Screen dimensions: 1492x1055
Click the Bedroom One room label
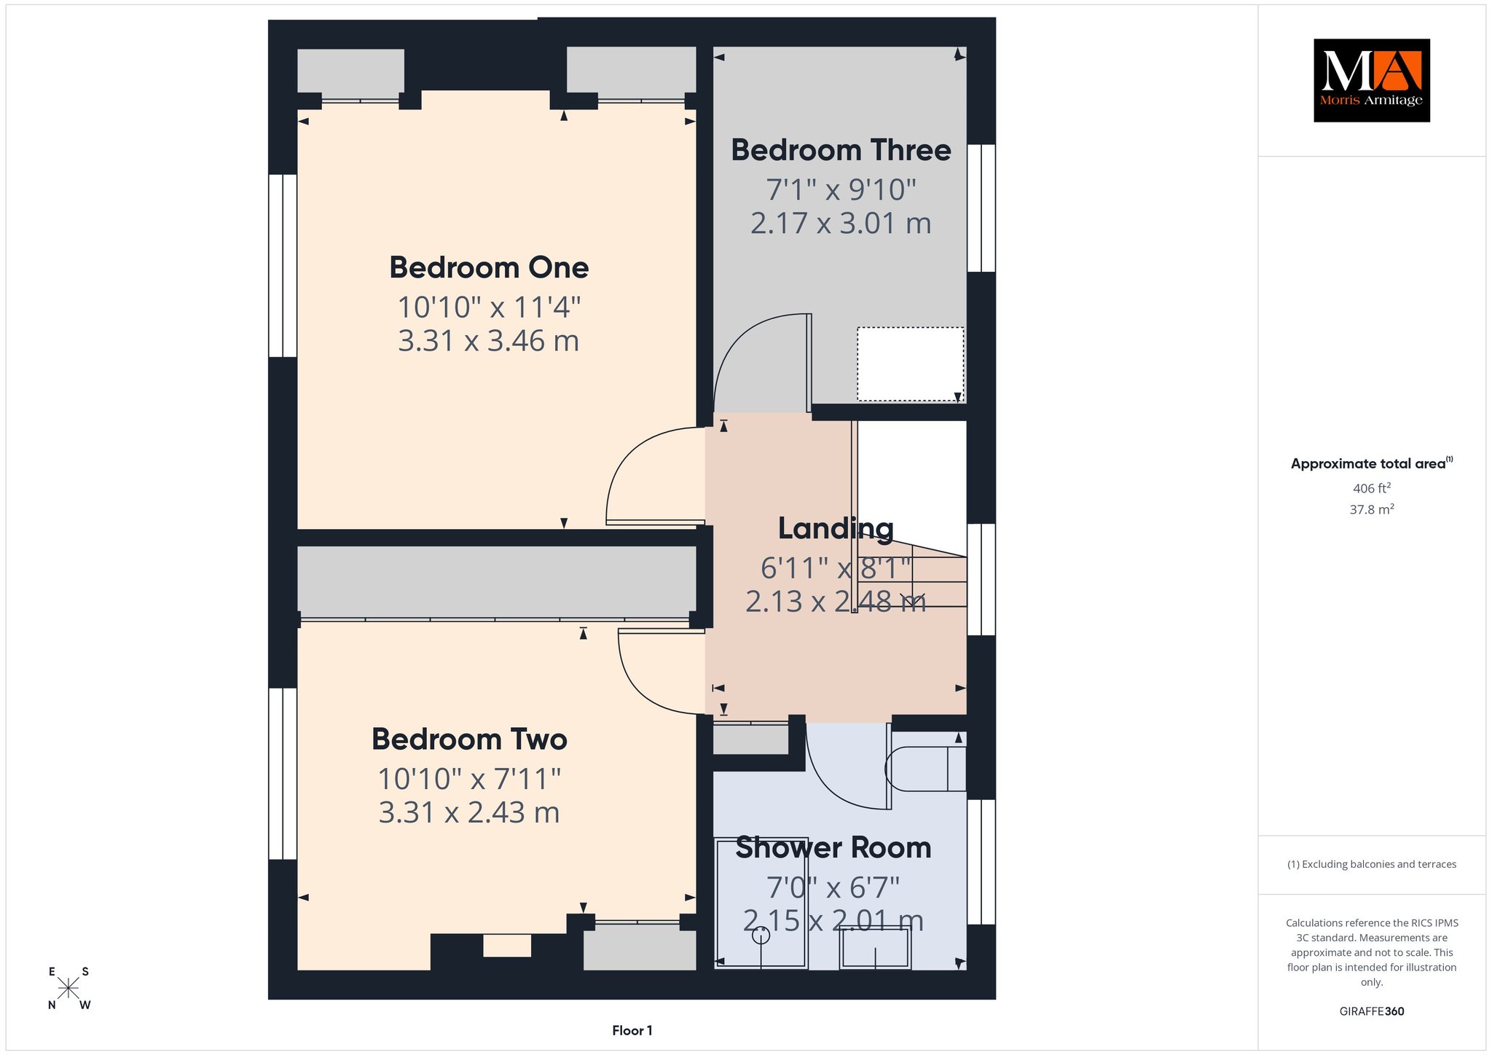(489, 267)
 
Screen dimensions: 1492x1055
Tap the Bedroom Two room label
(469, 739)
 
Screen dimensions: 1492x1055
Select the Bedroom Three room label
(841, 150)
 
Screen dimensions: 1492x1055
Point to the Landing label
(836, 528)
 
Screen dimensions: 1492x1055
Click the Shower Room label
(833, 847)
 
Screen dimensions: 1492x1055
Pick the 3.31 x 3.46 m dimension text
(488, 341)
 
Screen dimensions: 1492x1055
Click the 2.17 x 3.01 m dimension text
(841, 223)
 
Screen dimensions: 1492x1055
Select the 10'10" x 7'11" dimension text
(469, 779)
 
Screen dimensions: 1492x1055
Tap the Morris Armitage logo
(1371, 80)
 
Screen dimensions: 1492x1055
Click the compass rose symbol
(68, 988)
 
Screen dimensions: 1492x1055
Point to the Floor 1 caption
(632, 1030)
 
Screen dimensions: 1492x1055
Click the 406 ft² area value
(1372, 488)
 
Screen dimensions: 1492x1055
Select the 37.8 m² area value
(1372, 509)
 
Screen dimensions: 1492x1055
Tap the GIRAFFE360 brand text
(1372, 1011)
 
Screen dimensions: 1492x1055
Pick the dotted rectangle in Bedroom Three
(911, 364)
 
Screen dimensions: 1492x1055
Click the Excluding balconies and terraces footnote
(1372, 864)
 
